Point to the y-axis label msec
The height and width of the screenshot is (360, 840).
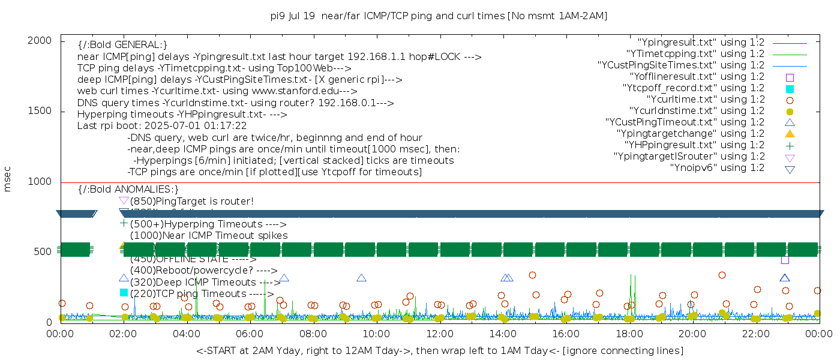pyautogui.click(x=8, y=181)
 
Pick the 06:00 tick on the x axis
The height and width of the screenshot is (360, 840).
pyautogui.click(x=250, y=333)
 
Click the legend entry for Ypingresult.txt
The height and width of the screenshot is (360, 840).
pyautogui.click(x=700, y=43)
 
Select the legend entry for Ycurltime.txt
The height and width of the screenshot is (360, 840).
pyautogui.click(x=705, y=100)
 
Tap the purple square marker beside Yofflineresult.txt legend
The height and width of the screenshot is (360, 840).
pyautogui.click(x=790, y=77)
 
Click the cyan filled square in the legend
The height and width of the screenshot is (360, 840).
pyautogui.click(x=790, y=89)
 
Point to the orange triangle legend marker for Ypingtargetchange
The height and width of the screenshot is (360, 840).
pyautogui.click(x=790, y=134)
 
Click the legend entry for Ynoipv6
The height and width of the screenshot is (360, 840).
pyautogui.click(x=717, y=168)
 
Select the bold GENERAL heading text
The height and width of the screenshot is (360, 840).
pyautogui.click(x=122, y=45)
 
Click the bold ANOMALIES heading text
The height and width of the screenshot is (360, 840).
pyautogui.click(x=128, y=190)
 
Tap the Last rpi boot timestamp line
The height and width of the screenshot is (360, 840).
pyautogui.click(x=162, y=126)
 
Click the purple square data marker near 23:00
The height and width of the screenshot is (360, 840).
pyautogui.click(x=785, y=260)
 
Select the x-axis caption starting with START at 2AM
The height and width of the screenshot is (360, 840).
pyautogui.click(x=439, y=350)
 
